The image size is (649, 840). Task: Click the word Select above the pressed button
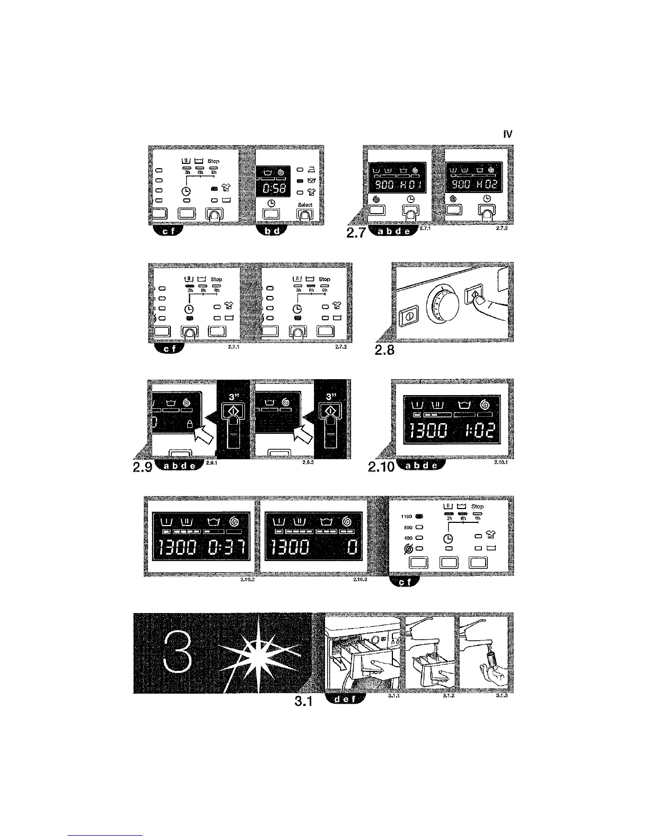point(305,205)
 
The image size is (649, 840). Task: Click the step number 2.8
point(384,351)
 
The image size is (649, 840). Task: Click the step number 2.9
point(141,467)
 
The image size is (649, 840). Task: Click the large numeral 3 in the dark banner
point(177,653)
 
